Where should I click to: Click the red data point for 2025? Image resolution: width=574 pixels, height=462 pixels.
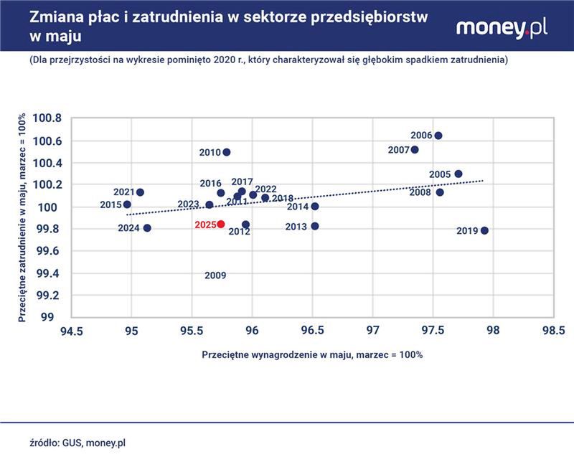point(221,225)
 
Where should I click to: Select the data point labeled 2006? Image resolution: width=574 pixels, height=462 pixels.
point(438,136)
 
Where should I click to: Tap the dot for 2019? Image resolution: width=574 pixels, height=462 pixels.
point(484,230)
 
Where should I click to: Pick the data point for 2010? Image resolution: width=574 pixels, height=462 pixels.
point(227,152)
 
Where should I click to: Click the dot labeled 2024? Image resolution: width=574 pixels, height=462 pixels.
point(147,228)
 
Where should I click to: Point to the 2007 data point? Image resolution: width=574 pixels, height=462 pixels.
point(415,150)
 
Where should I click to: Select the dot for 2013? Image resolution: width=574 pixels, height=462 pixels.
point(315,226)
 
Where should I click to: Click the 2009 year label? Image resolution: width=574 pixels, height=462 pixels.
point(215,275)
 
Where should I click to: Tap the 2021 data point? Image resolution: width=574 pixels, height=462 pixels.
point(140,192)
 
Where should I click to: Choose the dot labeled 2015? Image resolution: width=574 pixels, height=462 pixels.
point(127,204)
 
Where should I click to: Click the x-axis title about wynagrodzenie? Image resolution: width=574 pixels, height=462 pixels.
point(312,354)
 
